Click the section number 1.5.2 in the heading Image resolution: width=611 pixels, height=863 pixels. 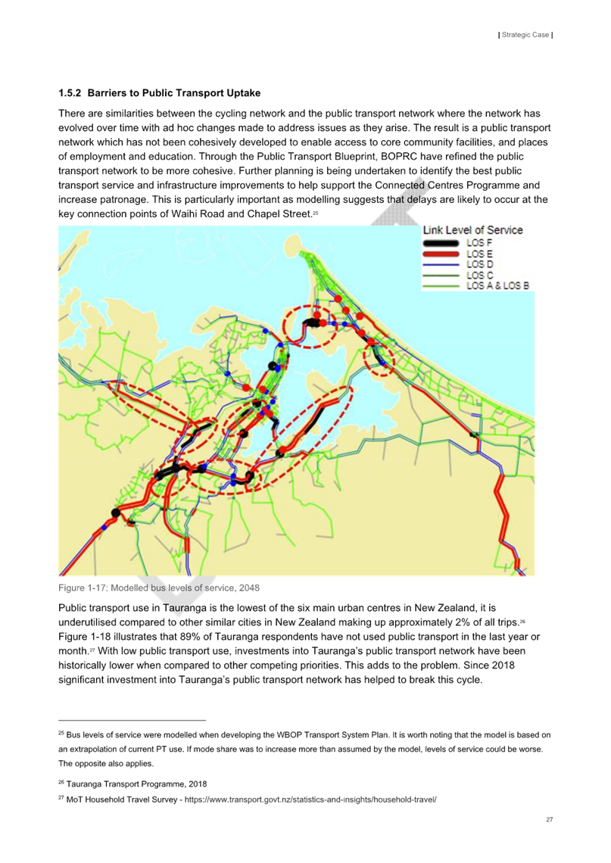(70, 93)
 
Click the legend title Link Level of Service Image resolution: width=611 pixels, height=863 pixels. (472, 230)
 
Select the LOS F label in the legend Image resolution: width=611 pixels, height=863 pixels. (479, 242)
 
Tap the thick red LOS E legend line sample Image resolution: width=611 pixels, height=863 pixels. (440, 254)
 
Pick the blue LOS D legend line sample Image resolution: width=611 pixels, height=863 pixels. (440, 265)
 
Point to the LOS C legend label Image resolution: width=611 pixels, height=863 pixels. (480, 276)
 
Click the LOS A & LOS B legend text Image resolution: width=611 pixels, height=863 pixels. (497, 286)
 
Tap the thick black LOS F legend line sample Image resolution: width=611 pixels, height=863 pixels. (440, 243)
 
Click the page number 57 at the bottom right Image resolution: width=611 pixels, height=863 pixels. (549, 820)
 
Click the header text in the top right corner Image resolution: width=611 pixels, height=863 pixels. (525, 35)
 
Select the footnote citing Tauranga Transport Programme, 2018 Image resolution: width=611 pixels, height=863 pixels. (136, 784)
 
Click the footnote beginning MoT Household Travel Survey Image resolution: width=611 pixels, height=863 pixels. (250, 799)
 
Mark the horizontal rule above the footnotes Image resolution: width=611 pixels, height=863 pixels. (132, 721)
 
